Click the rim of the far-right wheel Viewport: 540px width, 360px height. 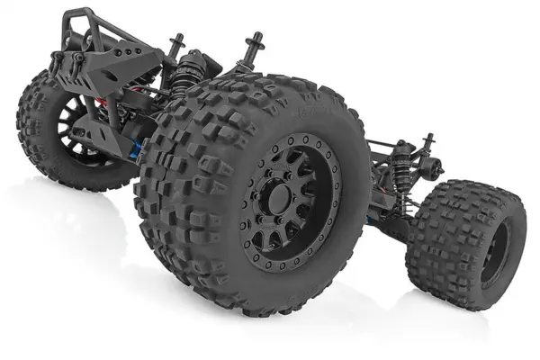coord(493,256)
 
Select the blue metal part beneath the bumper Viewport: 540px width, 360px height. coord(137,149)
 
